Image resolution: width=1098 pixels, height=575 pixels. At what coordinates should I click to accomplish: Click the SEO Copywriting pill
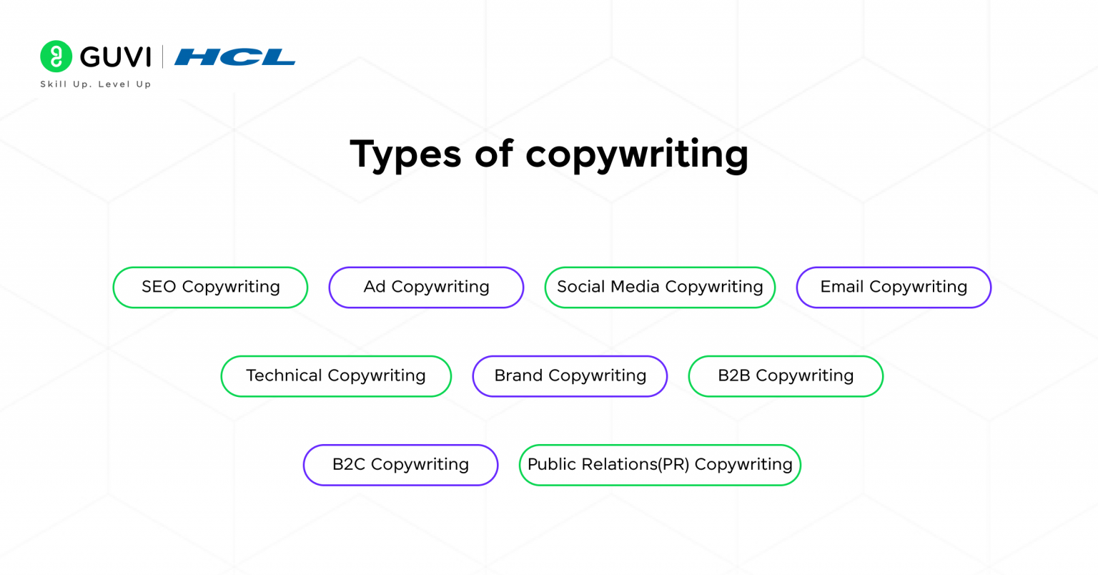[x=210, y=287]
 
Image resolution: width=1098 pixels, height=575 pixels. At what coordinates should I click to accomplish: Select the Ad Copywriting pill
[x=426, y=287]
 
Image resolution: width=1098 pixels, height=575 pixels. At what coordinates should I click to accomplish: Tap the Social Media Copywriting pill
[x=660, y=287]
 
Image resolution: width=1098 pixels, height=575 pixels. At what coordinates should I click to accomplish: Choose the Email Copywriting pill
[x=894, y=287]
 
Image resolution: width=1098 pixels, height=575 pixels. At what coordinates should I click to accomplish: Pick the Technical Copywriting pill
[x=336, y=376]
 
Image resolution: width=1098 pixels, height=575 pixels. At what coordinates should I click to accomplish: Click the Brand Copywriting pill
[x=570, y=376]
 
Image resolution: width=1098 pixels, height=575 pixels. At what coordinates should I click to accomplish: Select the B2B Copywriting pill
[x=786, y=376]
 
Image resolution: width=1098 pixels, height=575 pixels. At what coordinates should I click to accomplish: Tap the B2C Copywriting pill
[x=400, y=465]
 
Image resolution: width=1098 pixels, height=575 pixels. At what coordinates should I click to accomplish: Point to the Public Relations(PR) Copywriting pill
[x=660, y=465]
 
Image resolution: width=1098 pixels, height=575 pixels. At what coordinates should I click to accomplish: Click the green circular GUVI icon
[x=56, y=56]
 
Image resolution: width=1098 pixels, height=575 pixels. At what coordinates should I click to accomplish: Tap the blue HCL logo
[x=234, y=57]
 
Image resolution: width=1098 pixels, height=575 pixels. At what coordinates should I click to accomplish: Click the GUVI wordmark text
[x=116, y=57]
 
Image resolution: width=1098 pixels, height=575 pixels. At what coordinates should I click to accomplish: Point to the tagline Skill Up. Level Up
[x=96, y=84]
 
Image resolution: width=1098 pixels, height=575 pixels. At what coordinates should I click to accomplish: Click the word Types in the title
[x=405, y=154]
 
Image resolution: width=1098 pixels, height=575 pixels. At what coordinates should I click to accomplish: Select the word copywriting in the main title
[x=637, y=154]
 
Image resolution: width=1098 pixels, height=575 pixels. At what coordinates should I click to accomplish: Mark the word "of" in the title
[x=494, y=153]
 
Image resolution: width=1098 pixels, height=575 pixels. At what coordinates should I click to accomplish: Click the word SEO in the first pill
[x=159, y=287]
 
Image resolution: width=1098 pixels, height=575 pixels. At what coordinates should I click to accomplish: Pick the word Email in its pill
[x=842, y=287]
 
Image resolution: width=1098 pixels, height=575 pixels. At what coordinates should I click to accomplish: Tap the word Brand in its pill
[x=518, y=375]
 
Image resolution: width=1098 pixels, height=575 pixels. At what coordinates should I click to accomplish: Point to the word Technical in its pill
[x=284, y=375]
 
